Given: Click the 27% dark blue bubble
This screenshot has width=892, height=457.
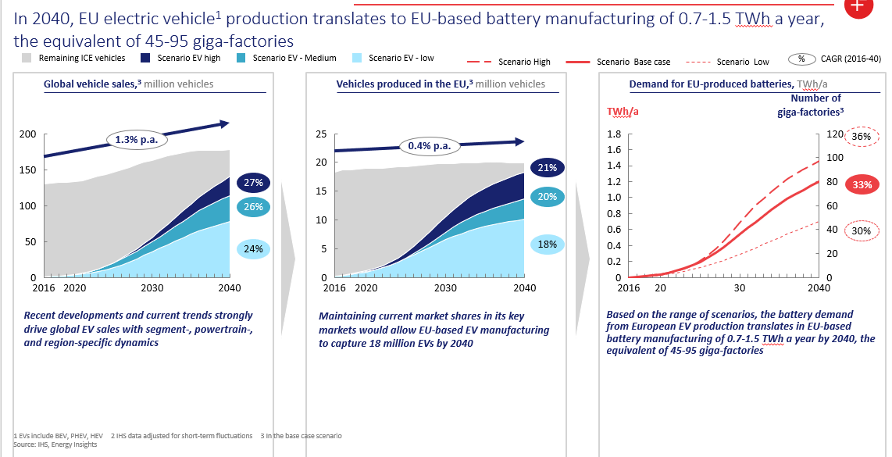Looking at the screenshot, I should pyautogui.click(x=252, y=182).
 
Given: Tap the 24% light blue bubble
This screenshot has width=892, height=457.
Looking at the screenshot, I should pyautogui.click(x=252, y=249).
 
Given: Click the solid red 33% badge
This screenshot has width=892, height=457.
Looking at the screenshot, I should pyautogui.click(x=862, y=185).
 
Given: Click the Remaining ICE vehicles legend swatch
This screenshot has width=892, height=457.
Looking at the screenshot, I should pyautogui.click(x=27, y=59).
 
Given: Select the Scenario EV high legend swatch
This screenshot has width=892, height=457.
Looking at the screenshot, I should pyautogui.click(x=145, y=59).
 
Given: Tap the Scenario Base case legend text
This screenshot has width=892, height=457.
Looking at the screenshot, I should pyautogui.click(x=633, y=62).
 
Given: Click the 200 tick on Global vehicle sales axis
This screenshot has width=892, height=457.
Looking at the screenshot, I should pyautogui.click(x=28, y=134).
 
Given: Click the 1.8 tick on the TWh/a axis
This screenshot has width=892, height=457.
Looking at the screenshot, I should pyautogui.click(x=613, y=134).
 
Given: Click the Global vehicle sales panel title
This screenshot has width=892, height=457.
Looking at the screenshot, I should pyautogui.click(x=128, y=84).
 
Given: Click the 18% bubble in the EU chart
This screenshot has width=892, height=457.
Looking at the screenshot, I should pyautogui.click(x=547, y=245).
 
